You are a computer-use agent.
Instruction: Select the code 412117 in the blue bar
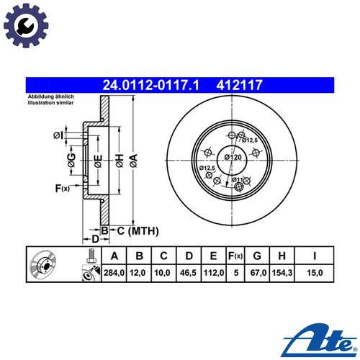pyautogui.click(x=239, y=84)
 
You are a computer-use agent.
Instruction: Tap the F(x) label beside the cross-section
pyautogui.click(x=62, y=189)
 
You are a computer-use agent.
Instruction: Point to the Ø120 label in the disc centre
pyautogui.click(x=233, y=156)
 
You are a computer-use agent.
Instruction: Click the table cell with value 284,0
pyautogui.click(x=114, y=274)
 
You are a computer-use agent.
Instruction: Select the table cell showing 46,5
pyautogui.click(x=189, y=274)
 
